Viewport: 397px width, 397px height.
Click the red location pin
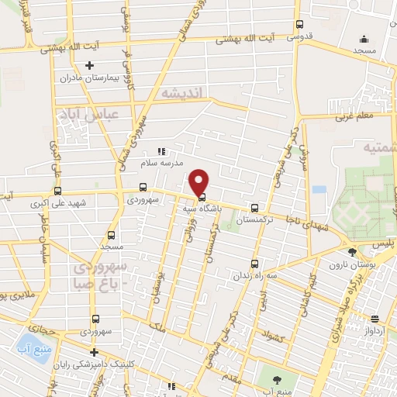point(199,181)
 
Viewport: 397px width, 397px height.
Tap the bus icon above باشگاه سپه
point(202,197)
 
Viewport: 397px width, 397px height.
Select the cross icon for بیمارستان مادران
point(90,66)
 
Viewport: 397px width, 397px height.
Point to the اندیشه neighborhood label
point(182,93)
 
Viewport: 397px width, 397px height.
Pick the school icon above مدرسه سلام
point(162,152)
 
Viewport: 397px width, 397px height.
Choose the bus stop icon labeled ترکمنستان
point(254,208)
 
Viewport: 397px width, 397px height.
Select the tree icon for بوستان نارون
point(352,252)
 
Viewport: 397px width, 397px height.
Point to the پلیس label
point(384,243)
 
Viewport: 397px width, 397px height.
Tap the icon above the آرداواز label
point(375,319)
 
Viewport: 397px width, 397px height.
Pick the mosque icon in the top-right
point(364,40)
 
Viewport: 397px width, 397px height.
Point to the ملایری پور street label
point(17,296)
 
